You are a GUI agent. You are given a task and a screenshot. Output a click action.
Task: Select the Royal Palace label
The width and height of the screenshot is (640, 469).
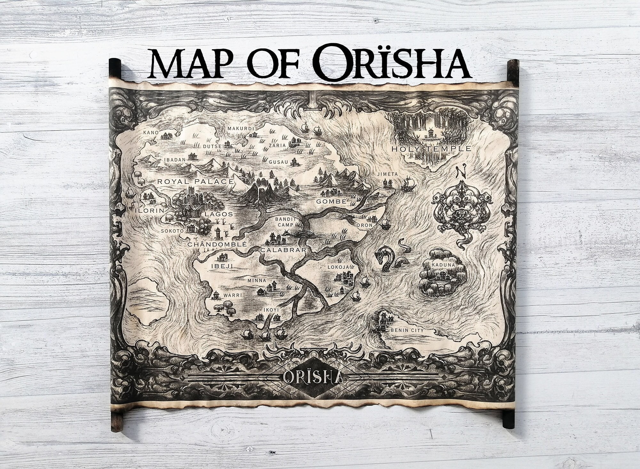pyautogui.click(x=195, y=182)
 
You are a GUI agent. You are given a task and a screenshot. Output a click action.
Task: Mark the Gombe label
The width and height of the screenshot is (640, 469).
pyautogui.click(x=331, y=202)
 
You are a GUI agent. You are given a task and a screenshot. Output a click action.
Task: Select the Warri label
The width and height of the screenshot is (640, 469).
pyautogui.click(x=224, y=295)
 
